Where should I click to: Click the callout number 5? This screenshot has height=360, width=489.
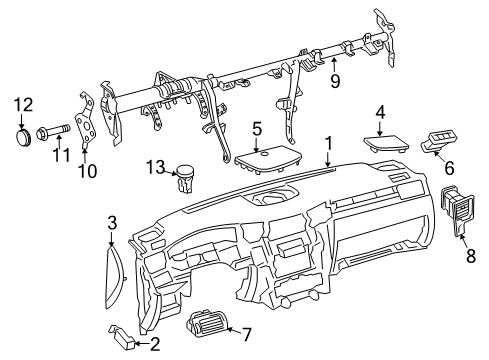pyautogui.click(x=257, y=129)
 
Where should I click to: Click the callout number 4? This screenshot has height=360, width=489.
pyautogui.click(x=380, y=111)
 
